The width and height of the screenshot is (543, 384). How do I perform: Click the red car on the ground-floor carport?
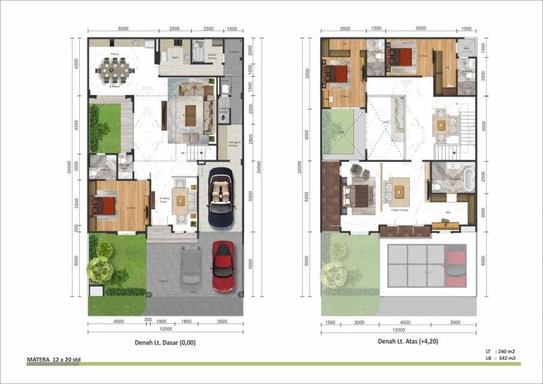click(223, 266)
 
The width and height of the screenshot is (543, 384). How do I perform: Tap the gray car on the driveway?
click(191, 266)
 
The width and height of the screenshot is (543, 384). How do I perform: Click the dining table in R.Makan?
click(115, 70)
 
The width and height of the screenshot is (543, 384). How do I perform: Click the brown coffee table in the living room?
click(191, 115)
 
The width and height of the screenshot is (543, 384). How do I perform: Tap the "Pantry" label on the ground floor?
click(113, 53)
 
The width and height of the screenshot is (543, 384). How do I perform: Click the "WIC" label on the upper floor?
click(448, 212)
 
